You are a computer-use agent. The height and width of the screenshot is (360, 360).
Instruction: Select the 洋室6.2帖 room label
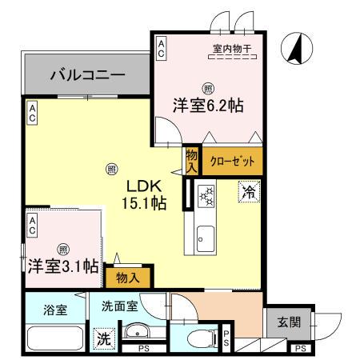click(x=207, y=103)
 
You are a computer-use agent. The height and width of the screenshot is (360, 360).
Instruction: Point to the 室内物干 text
click(x=231, y=50)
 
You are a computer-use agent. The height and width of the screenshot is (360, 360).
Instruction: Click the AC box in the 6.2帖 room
click(x=161, y=47)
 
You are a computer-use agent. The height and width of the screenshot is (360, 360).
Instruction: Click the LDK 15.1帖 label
click(x=144, y=194)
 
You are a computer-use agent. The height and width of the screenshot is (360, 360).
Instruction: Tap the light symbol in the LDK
click(x=111, y=169)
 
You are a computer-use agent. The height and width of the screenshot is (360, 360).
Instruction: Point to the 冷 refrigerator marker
click(x=247, y=192)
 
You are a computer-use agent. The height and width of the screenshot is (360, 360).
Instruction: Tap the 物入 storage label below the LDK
click(x=128, y=278)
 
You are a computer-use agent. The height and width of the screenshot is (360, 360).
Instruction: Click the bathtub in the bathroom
click(x=54, y=339)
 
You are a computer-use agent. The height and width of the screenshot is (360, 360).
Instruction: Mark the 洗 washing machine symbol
click(x=103, y=339)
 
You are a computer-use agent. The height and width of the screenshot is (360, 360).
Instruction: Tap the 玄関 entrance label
click(x=289, y=322)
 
